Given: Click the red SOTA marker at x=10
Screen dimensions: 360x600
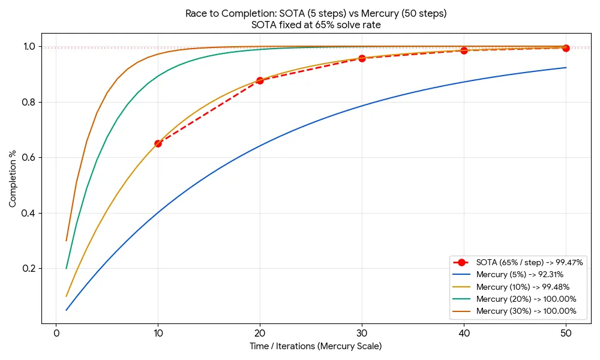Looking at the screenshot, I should point(158,143).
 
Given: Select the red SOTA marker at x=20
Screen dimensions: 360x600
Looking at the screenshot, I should point(260,80).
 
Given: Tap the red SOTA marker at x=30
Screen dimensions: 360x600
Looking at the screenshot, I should point(362,58).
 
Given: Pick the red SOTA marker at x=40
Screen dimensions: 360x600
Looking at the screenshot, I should point(464,50).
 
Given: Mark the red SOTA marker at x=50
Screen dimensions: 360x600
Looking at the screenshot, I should point(566,48).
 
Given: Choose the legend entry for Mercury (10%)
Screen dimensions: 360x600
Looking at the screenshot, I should point(522,287).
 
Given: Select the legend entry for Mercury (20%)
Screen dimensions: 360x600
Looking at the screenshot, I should point(526,299).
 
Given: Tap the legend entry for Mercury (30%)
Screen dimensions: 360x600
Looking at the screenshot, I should point(526,311).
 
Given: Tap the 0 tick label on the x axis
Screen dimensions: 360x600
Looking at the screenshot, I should point(56,332).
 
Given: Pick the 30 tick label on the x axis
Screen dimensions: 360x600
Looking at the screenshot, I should point(362,332).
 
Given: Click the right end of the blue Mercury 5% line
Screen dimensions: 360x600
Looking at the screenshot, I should point(566,68).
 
